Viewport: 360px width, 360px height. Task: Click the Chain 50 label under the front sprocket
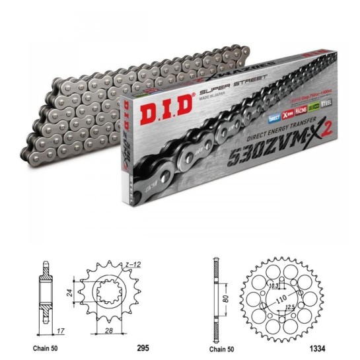[x=36, y=344]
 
